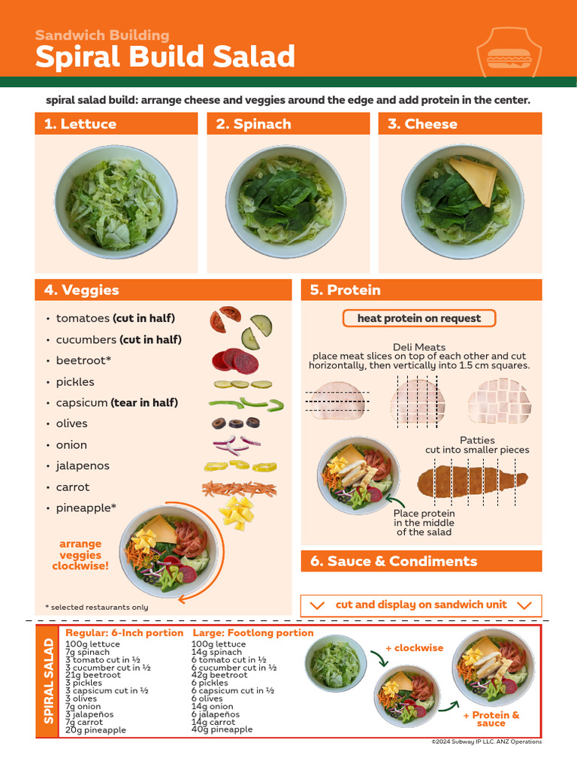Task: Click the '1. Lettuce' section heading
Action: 80,124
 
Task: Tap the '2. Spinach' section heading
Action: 253,124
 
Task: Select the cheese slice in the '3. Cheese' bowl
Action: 473,176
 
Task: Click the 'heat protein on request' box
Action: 418,318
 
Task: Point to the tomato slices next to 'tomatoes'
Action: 224,318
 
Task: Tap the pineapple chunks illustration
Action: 237,512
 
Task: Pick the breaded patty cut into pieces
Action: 473,478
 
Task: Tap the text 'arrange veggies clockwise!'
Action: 80,555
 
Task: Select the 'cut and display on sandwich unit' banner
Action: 421,605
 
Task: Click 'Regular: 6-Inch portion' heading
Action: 124,633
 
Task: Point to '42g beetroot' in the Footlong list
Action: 219,675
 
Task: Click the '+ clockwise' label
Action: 414,647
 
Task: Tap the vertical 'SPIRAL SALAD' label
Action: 48,681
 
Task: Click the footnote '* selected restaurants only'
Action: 96,607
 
